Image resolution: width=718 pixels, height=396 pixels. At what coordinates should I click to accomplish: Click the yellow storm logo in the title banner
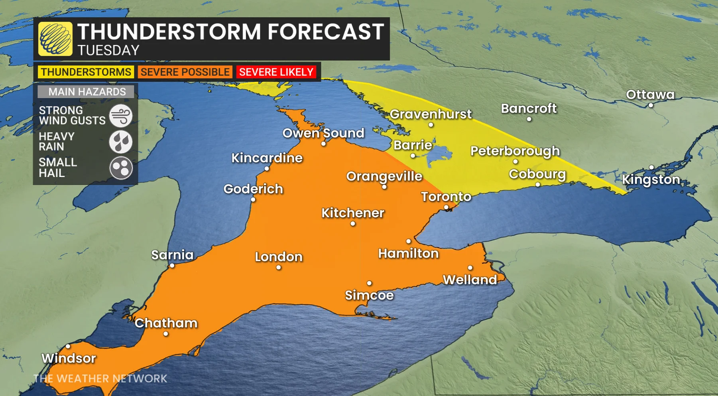pyautogui.click(x=55, y=39)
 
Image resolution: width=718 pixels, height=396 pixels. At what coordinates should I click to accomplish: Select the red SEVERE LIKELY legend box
pyautogui.click(x=276, y=72)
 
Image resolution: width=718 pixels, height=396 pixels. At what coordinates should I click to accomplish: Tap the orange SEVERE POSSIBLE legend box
pyautogui.click(x=185, y=72)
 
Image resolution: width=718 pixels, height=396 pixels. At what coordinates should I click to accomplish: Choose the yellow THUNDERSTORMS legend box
pyautogui.click(x=86, y=72)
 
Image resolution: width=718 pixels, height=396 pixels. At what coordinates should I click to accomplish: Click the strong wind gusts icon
pyautogui.click(x=121, y=116)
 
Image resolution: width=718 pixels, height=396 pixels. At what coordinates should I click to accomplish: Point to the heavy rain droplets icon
pyautogui.click(x=121, y=142)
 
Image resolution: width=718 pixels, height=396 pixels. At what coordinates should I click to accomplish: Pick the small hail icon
pyautogui.click(x=121, y=168)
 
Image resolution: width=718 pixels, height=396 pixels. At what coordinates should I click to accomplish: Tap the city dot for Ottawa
pyautogui.click(x=651, y=105)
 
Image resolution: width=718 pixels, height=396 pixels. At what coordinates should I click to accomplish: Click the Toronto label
pyautogui.click(x=446, y=197)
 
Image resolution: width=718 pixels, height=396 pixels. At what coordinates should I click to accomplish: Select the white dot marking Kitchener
pyautogui.click(x=353, y=224)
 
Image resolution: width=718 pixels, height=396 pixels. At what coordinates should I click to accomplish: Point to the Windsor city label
pyautogui.click(x=69, y=358)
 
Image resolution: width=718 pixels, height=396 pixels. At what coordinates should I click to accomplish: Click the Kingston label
pyautogui.click(x=651, y=179)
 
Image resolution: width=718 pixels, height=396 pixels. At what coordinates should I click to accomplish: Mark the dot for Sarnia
pyautogui.click(x=172, y=265)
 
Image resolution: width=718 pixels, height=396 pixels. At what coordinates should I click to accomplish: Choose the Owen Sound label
pyautogui.click(x=323, y=133)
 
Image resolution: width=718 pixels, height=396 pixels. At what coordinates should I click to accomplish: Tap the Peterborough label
pyautogui.click(x=515, y=151)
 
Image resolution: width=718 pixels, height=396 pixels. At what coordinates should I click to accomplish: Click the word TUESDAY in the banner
pyautogui.click(x=108, y=51)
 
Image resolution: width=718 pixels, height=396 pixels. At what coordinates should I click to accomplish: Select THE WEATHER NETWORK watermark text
pyautogui.click(x=100, y=378)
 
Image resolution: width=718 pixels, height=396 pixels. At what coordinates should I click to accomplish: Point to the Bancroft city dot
pyautogui.click(x=529, y=119)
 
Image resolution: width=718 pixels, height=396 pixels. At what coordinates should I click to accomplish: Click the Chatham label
pyautogui.click(x=166, y=323)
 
